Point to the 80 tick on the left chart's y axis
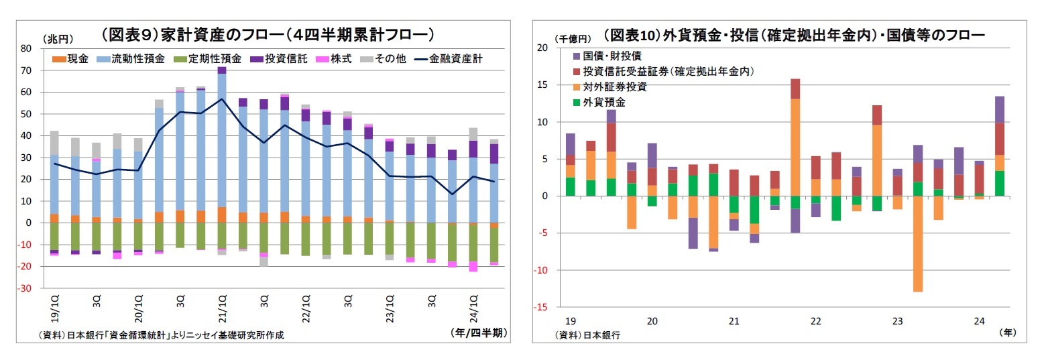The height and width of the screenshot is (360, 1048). [27, 48]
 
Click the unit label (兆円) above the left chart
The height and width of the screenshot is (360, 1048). [58, 40]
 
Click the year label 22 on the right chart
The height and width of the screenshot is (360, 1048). [815, 322]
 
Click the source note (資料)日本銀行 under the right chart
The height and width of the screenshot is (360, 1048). [587, 335]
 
